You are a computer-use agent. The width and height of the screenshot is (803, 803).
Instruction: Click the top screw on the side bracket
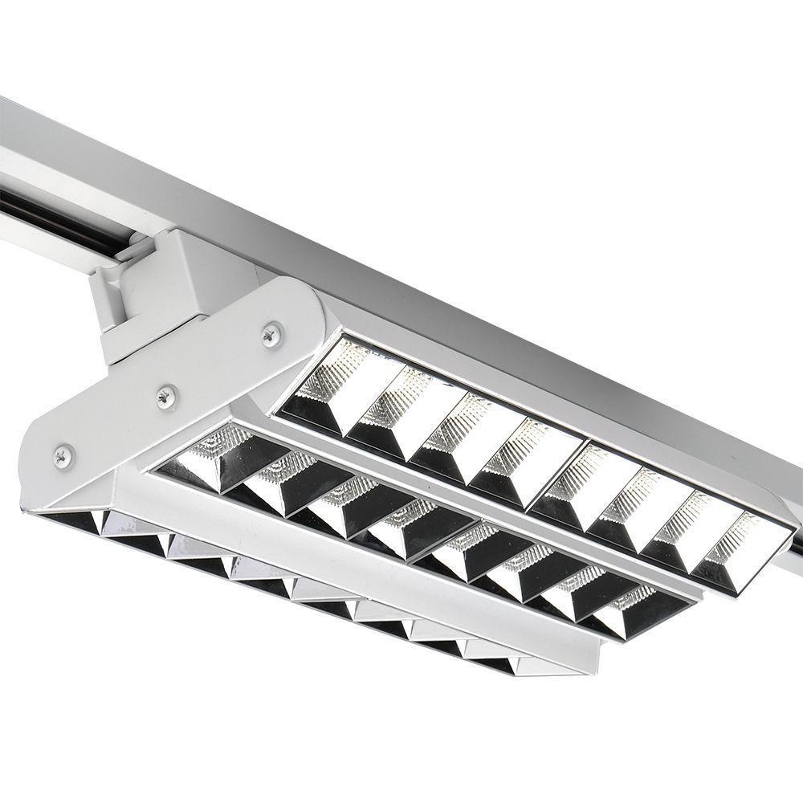272,333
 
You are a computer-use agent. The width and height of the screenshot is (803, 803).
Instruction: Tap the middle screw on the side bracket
167,396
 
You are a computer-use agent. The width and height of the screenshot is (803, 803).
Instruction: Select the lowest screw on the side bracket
63,456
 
